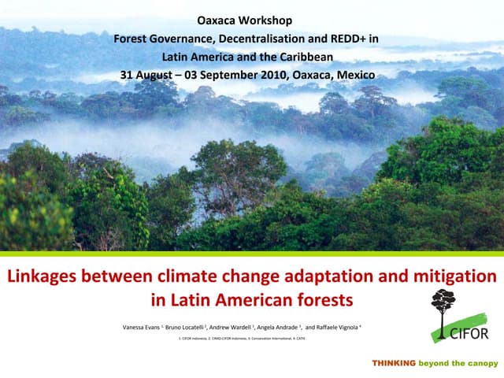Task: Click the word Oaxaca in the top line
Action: [x=217, y=19]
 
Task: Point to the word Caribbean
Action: [x=306, y=57]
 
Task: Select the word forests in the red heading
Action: [x=321, y=300]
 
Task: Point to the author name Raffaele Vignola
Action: [x=336, y=326]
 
